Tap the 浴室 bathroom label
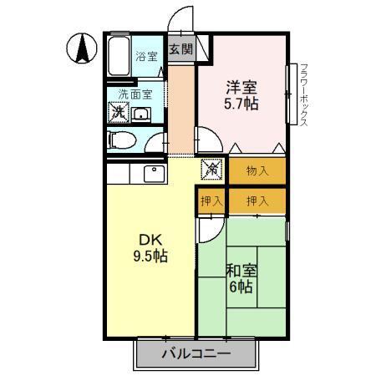pos(147,58)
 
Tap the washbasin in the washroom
pos(142,114)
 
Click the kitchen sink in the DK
pos(153,174)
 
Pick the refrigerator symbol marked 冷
pos(214,170)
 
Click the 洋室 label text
pos(241,86)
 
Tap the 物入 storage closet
pos(257,171)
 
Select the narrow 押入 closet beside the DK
pos(211,201)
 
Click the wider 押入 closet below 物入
pos(257,201)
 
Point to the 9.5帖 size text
pos(150,257)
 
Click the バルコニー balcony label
pos(196,353)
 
